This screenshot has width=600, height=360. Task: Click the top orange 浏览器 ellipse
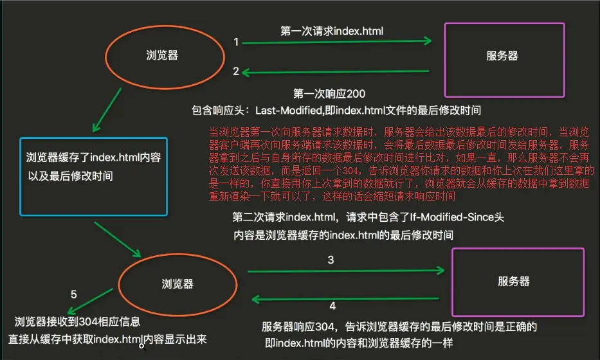[162, 56]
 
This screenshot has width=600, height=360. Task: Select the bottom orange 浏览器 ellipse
[178, 283]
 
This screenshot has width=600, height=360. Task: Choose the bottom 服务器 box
[518, 281]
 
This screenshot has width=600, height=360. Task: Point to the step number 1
[236, 42]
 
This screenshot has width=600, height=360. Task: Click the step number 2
[236, 71]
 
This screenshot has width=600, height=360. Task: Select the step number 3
[330, 260]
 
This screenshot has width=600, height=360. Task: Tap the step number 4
[332, 305]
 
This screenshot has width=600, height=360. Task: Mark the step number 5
[74, 294]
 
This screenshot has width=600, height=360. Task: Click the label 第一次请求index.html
[332, 30]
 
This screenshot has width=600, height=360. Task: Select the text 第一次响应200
[329, 94]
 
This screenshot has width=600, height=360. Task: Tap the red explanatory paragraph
[399, 164]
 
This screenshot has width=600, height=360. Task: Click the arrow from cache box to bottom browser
[117, 239]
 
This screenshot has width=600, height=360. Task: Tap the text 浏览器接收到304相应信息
[77, 321]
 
